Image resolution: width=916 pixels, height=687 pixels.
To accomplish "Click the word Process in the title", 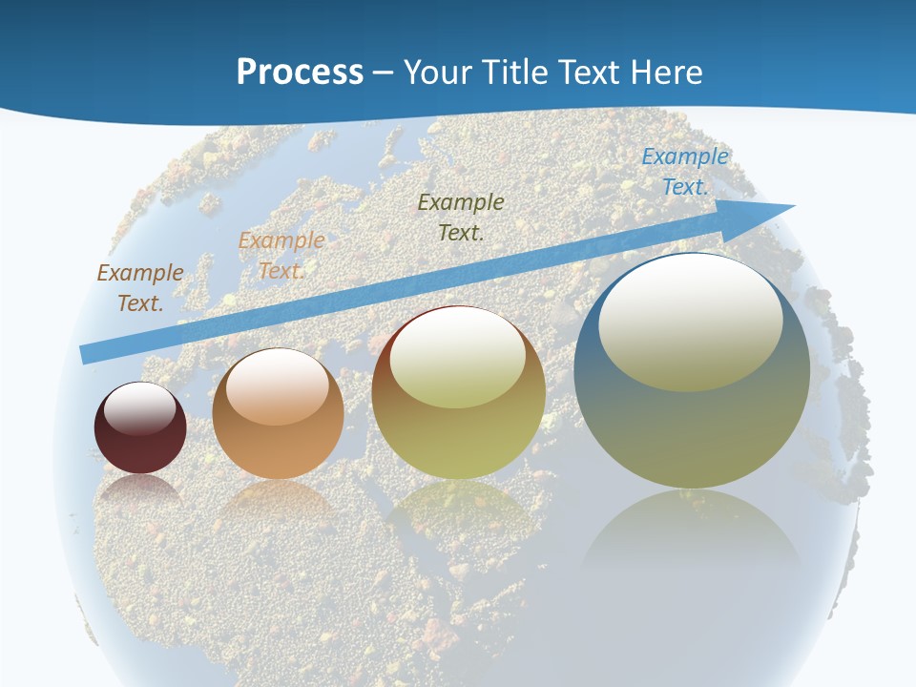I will [x=300, y=73].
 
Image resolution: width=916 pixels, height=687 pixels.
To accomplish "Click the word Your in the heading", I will [x=438, y=73].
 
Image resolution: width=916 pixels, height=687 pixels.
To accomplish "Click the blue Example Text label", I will [x=685, y=172].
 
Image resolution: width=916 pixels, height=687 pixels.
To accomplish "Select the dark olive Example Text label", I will [x=461, y=217].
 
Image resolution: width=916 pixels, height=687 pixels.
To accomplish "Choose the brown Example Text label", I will [x=140, y=287].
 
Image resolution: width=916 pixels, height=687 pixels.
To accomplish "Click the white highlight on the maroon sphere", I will [x=140, y=408].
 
